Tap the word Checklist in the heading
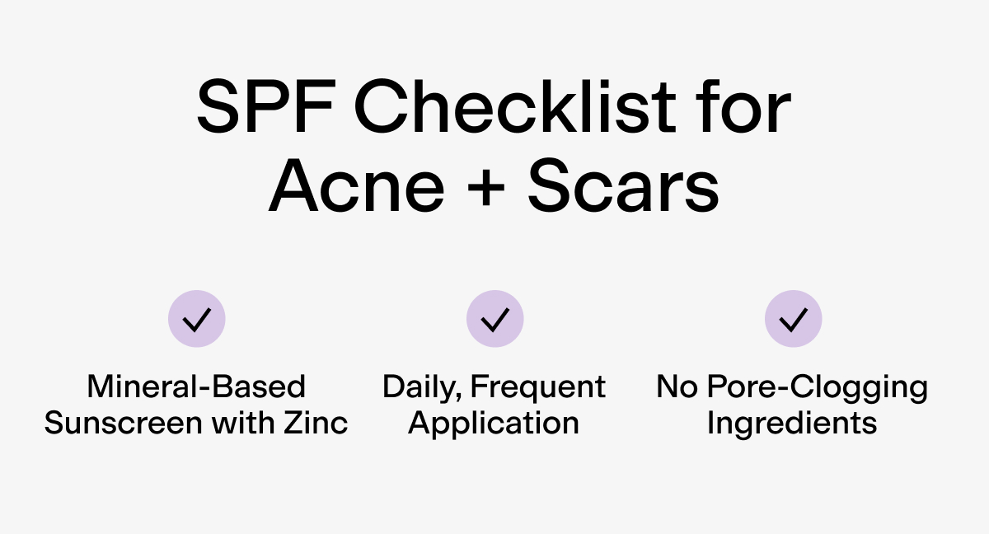pos(504,110)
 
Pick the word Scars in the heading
pos(623,189)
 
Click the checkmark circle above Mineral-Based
pos(196,319)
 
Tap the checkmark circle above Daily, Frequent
pos(494,319)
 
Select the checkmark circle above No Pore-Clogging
pos(793,319)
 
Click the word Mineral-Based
pos(196,386)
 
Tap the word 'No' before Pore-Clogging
pos(675,386)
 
